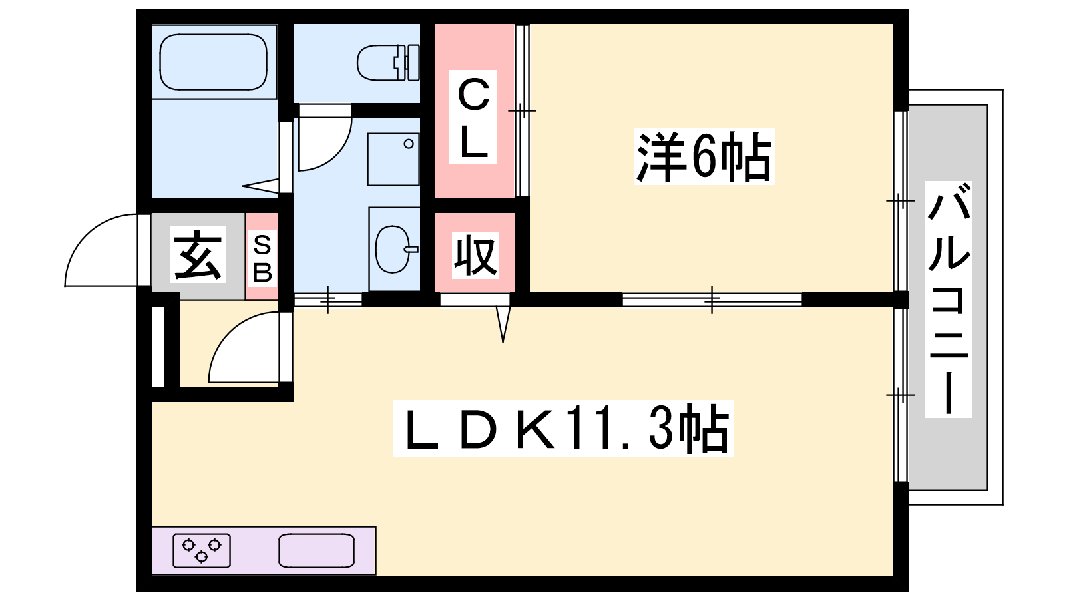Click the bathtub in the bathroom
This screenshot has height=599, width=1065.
coord(213,62)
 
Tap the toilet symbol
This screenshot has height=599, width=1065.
coord(388,63)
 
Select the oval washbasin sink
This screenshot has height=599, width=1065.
coord(394,249)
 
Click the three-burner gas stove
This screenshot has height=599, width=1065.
coord(202,550)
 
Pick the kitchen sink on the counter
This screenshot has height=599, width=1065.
coord(316,550)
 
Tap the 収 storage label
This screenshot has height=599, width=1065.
coord(475,256)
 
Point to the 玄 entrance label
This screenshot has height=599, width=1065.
coord(198,255)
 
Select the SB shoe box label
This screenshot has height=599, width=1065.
coord(262,258)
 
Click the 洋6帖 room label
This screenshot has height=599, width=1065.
coord(704,156)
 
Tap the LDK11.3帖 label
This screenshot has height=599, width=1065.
coord(563,429)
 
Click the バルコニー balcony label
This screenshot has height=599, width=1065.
coord(949,299)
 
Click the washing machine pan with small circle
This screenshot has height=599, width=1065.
coord(393,160)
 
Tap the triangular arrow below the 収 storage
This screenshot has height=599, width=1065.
coord(503,324)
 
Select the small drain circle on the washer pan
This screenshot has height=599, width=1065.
coord(409,144)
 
